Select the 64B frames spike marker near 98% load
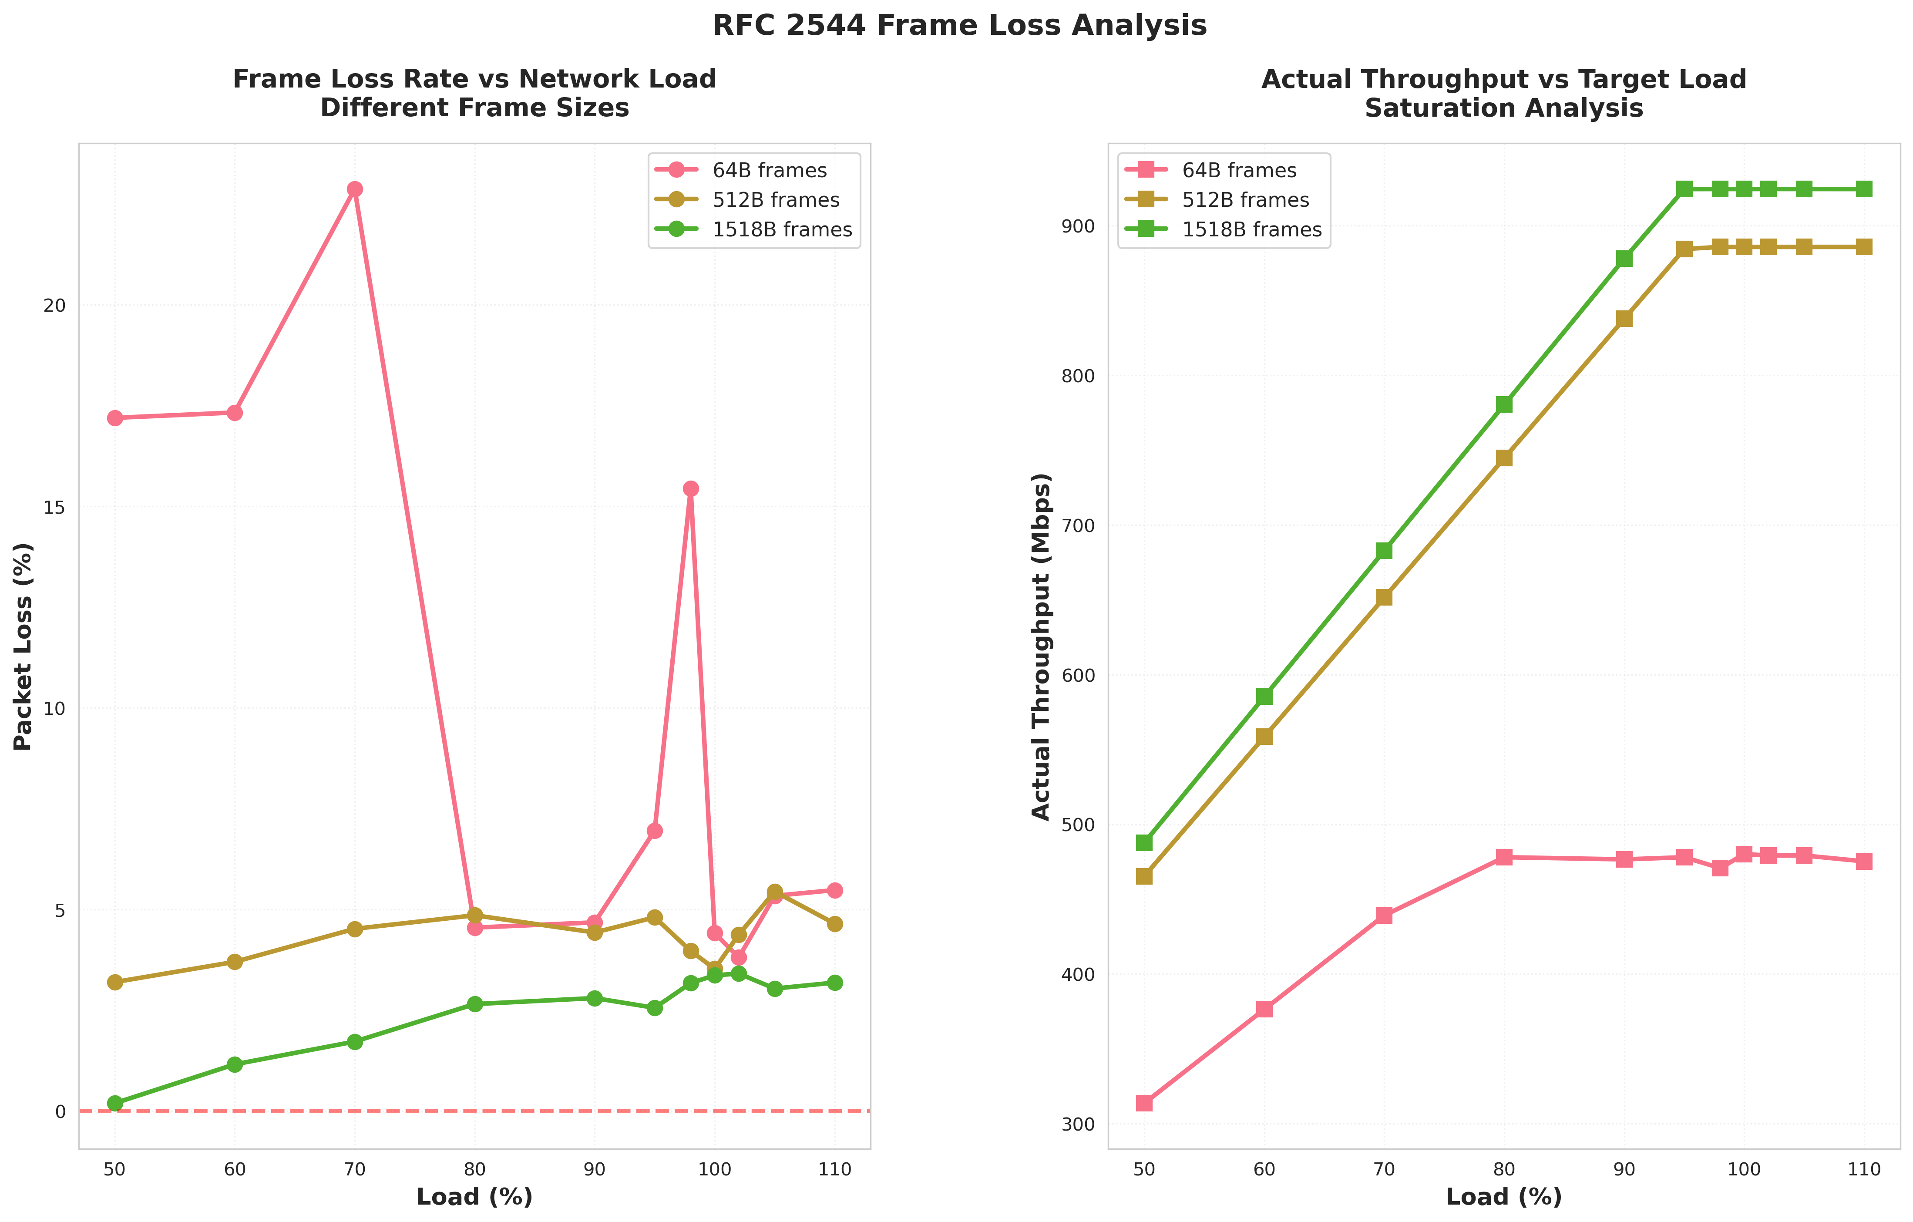click(690, 488)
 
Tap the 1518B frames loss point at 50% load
click(115, 1103)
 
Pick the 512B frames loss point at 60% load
click(234, 961)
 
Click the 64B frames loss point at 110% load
click(834, 891)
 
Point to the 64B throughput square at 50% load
click(1144, 1103)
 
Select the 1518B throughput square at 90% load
click(1624, 259)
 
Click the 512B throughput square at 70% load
click(1384, 597)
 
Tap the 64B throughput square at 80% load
click(1504, 857)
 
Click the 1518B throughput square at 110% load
click(1864, 189)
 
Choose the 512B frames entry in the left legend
click(775, 200)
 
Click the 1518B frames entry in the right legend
click(1251, 229)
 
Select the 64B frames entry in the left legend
click(769, 171)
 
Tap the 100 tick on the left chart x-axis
click(714, 1170)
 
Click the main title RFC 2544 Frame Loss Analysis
click(959, 25)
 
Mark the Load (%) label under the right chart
click(1503, 1197)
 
